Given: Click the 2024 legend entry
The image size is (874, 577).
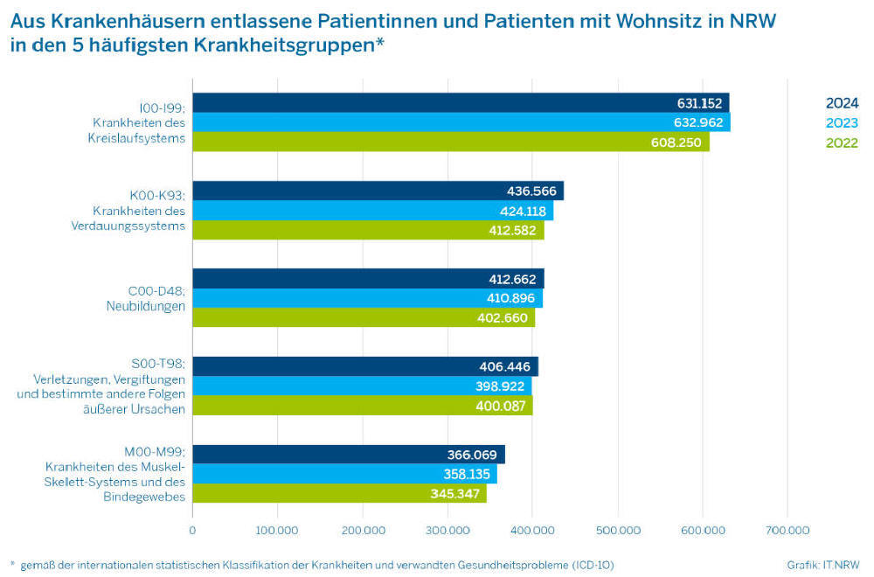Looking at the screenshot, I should [842, 103].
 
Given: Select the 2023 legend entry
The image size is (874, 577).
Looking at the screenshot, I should [842, 123].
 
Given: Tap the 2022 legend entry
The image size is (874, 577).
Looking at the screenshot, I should [842, 143].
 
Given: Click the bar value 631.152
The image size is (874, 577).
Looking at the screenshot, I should [699, 103].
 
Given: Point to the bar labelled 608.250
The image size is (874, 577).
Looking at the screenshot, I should [450, 143].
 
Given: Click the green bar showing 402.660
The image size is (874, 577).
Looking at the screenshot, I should [363, 318].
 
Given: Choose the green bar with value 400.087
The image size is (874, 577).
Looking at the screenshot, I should [362, 406].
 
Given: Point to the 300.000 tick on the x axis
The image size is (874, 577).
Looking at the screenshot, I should [447, 530].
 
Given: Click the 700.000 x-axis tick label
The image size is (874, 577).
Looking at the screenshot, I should [787, 530].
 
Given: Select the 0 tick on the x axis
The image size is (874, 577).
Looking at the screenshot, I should [192, 530].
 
